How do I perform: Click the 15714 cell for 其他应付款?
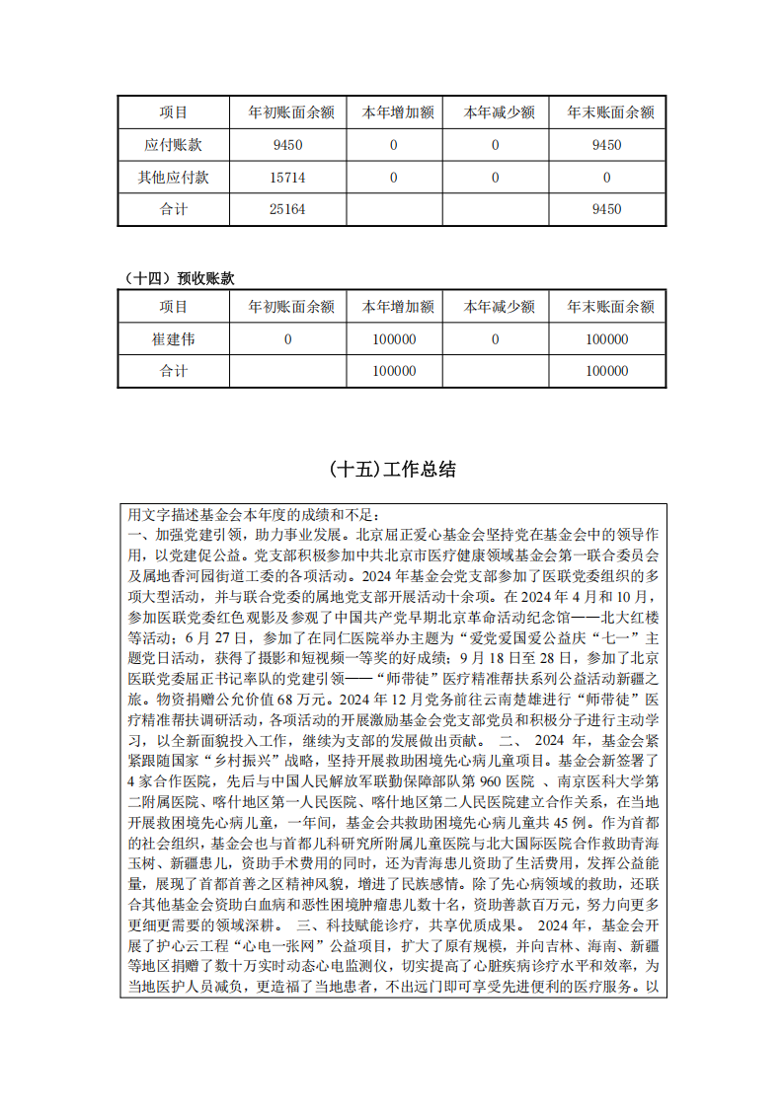point(288,178)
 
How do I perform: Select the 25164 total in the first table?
point(288,210)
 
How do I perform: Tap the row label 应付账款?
point(174,145)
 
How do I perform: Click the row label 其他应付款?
point(174,178)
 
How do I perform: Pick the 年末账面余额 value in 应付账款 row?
point(606,145)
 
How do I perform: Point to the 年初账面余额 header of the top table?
point(288,112)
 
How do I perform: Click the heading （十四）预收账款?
point(177,279)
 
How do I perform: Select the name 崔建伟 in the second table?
point(174,339)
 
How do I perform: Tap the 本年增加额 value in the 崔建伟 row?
point(395,339)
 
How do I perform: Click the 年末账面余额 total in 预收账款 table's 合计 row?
point(606,372)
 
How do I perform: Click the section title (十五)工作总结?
point(392,470)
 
